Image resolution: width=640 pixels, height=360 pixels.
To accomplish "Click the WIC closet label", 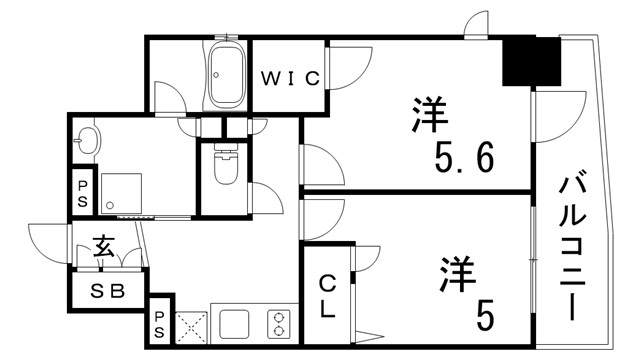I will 291,78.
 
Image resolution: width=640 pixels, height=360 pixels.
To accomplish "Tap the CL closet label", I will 328,296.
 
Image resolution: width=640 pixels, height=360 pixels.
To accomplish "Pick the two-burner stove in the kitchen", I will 277,326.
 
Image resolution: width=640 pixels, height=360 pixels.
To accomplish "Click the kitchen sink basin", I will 235,325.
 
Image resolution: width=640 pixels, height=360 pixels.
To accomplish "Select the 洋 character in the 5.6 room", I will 427,114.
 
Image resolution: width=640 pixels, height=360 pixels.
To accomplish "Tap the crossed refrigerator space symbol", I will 190,326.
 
